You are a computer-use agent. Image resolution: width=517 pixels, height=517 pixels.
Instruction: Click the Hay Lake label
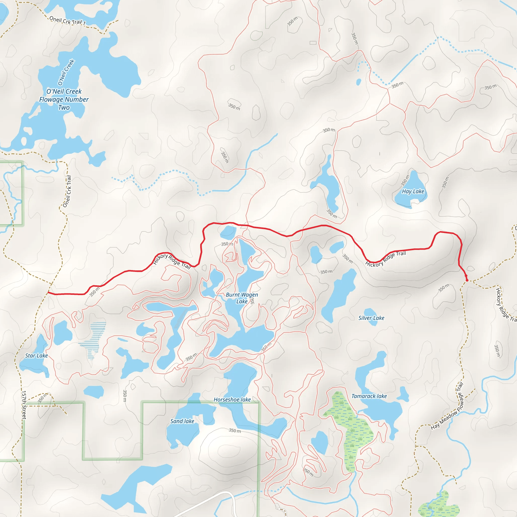tap(413, 191)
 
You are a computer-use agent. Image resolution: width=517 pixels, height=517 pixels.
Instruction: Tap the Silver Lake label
tap(371, 318)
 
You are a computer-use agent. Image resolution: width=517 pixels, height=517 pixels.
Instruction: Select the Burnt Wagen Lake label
tap(242, 298)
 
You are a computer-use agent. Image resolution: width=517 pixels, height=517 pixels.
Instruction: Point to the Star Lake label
tap(36, 356)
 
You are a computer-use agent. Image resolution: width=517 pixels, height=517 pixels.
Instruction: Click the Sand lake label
tap(182, 421)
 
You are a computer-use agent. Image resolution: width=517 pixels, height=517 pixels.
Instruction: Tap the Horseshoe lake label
tap(232, 400)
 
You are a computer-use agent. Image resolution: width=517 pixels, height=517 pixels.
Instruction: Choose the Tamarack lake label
tap(369, 396)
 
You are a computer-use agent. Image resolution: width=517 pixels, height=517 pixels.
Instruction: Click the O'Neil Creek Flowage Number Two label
tap(64, 99)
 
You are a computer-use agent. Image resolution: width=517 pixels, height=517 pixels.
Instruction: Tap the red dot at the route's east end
tap(467, 280)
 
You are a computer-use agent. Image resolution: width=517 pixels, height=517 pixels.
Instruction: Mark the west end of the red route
tap(48, 293)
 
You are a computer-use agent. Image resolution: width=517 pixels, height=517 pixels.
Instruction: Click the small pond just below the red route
tap(228, 232)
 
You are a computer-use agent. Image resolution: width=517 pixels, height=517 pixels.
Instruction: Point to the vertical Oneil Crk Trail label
tap(67, 191)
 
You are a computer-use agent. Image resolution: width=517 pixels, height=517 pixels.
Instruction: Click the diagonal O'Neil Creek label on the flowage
tap(66, 72)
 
